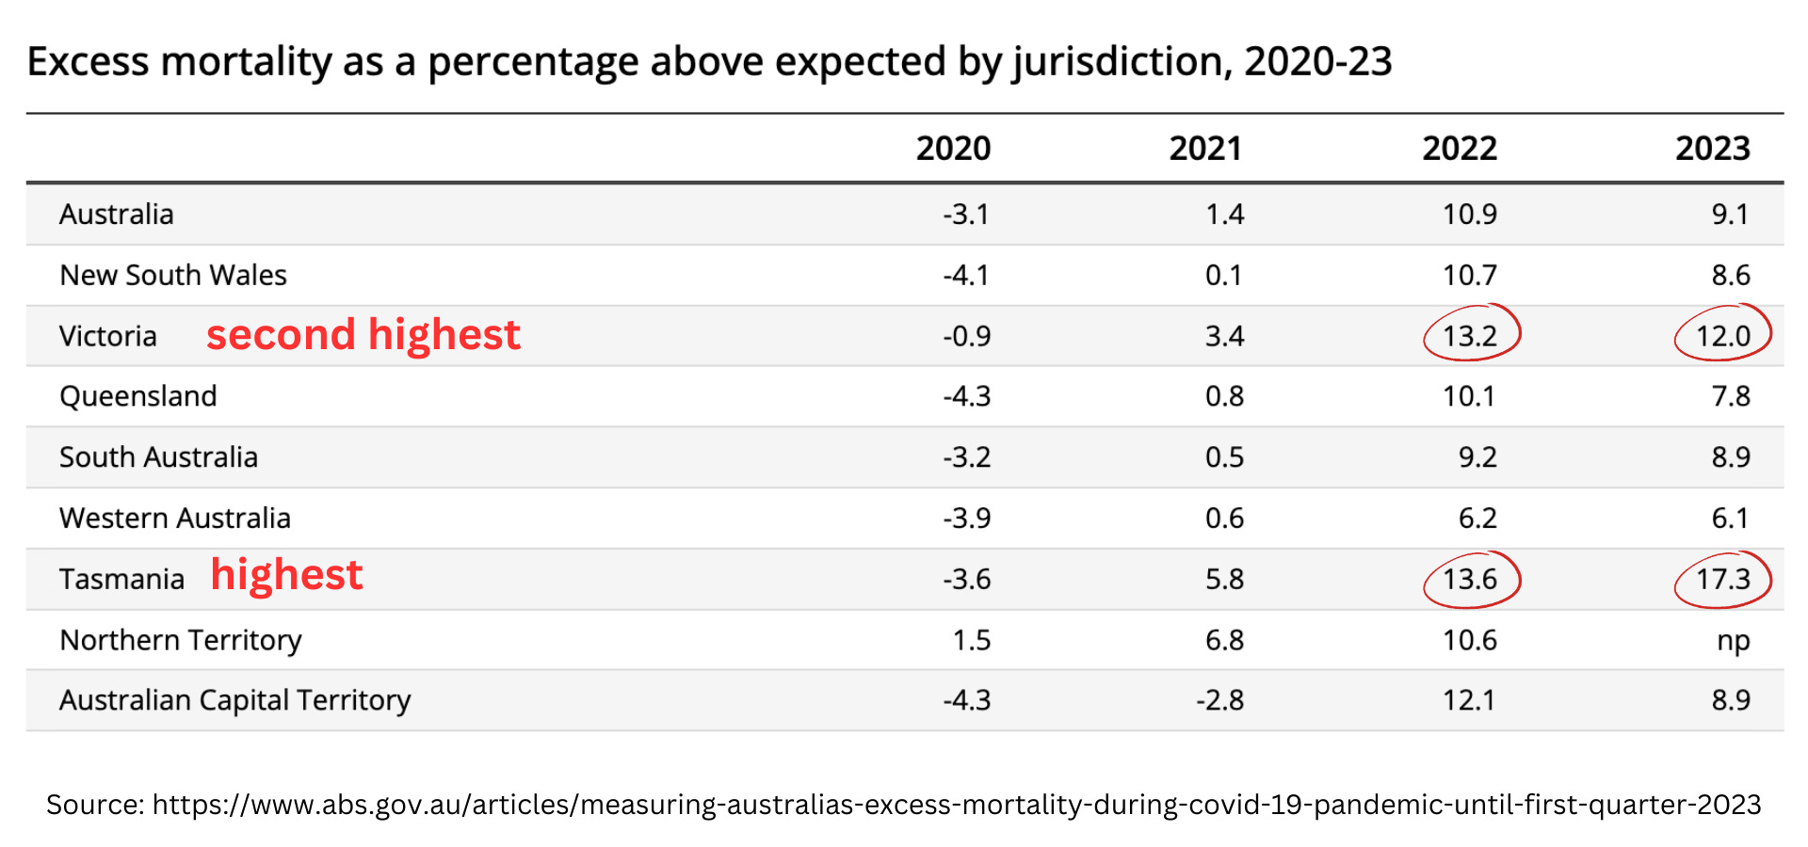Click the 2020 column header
pyautogui.click(x=953, y=149)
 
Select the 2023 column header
pyautogui.click(x=1712, y=149)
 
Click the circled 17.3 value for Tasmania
pyautogui.click(x=1722, y=579)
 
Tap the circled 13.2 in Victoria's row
pyautogui.click(x=1470, y=335)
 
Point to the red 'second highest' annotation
pyautogui.click(x=363, y=335)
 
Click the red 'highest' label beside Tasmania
pyautogui.click(x=286, y=575)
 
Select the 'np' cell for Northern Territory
pyautogui.click(x=1733, y=640)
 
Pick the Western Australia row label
pyautogui.click(x=175, y=519)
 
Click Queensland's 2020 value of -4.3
pyautogui.click(x=966, y=396)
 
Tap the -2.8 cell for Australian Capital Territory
pyautogui.click(x=1219, y=700)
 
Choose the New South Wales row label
pyautogui.click(x=173, y=275)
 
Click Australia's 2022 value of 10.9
pyautogui.click(x=1469, y=215)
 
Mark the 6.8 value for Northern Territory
pyautogui.click(x=1224, y=640)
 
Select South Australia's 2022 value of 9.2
pyautogui.click(x=1477, y=457)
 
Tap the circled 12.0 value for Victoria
pyautogui.click(x=1722, y=336)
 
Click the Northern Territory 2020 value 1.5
pyautogui.click(x=971, y=640)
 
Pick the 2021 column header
pyautogui.click(x=1205, y=149)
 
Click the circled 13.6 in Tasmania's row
pyautogui.click(x=1470, y=579)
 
